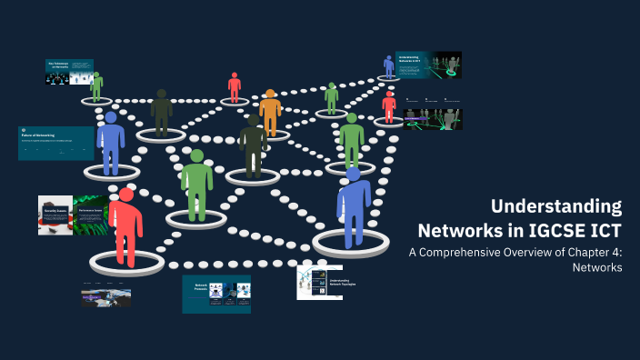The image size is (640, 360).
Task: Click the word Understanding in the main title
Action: click(x=556, y=205)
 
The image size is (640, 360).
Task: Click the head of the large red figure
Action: click(x=126, y=195)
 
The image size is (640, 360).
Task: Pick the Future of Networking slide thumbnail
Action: click(x=55, y=143)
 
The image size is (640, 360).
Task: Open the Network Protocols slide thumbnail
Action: click(x=216, y=294)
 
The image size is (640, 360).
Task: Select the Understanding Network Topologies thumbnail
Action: click(x=318, y=283)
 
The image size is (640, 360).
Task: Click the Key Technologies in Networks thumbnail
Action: click(x=69, y=72)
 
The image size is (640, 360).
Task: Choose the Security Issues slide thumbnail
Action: click(x=55, y=215)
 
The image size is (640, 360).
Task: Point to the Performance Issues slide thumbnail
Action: click(x=90, y=215)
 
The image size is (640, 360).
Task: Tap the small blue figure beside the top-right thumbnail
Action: click(x=389, y=66)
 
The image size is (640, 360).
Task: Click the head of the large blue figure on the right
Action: click(x=353, y=174)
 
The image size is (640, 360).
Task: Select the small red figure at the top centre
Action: click(x=235, y=87)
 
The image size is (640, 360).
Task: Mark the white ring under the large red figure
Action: click(x=126, y=263)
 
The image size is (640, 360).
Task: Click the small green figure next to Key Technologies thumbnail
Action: click(x=96, y=86)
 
